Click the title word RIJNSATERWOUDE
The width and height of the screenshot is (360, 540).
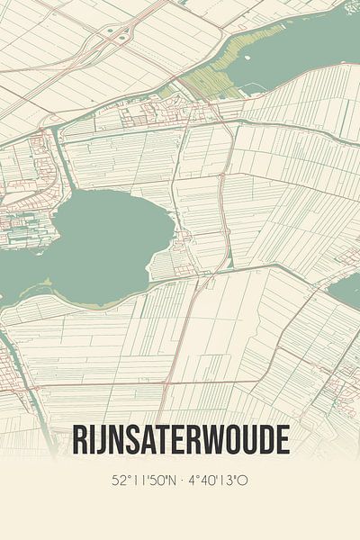tap(180, 441)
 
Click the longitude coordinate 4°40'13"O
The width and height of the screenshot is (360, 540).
tap(218, 481)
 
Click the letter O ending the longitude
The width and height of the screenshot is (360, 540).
tap(243, 481)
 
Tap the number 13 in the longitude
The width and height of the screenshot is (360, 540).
tap(228, 481)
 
